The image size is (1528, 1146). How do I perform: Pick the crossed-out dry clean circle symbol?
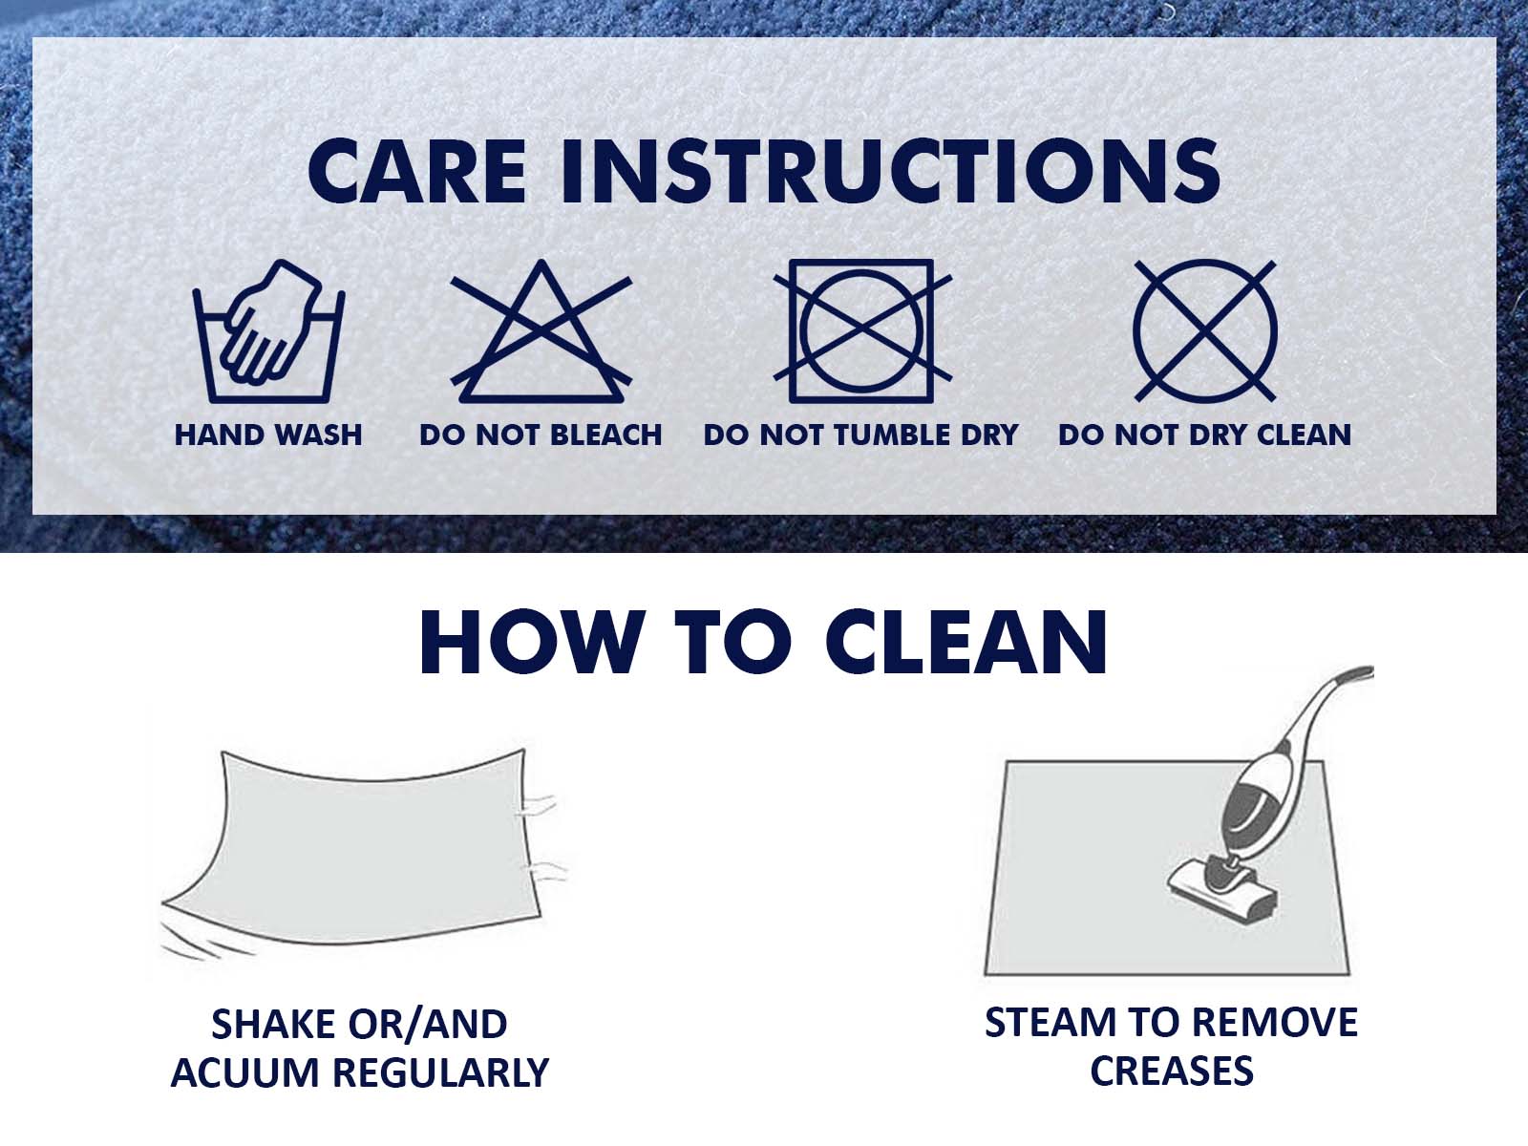(1205, 331)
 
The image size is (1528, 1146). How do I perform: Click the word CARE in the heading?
(417, 171)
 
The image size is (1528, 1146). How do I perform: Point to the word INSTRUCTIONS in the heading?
(890, 171)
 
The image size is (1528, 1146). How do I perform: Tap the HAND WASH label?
(268, 435)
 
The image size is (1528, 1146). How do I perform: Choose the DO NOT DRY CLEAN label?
(1204, 435)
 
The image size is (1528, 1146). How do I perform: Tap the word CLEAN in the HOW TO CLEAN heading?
(966, 642)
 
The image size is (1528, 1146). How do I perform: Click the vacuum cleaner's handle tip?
(1361, 673)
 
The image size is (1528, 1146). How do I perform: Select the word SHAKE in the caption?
(274, 1025)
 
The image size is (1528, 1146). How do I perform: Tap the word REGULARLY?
(440, 1072)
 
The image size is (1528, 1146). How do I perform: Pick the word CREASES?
(1172, 1071)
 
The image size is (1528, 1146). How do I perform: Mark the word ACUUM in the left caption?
(245, 1072)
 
